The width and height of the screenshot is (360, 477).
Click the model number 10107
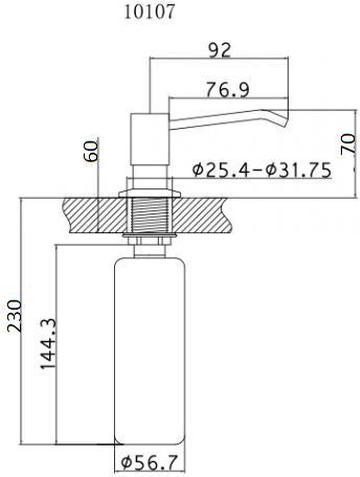pyautogui.click(x=149, y=12)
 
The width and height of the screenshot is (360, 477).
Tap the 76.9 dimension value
pyautogui.click(x=228, y=89)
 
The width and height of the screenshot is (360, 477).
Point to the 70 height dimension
pyautogui.click(x=348, y=144)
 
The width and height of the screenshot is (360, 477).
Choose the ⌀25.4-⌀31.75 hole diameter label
pyautogui.click(x=261, y=171)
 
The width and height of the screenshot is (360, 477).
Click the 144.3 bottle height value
pyautogui.click(x=47, y=343)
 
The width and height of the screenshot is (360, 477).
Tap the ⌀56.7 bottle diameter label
pyautogui.click(x=150, y=463)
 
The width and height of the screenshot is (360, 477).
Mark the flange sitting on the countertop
pyautogui.click(x=150, y=194)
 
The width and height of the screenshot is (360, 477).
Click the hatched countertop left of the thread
pyautogui.click(x=95, y=215)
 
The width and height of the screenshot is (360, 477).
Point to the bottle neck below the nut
pyautogui.click(x=150, y=251)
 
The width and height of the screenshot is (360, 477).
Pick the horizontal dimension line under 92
pyautogui.click(x=218, y=58)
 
